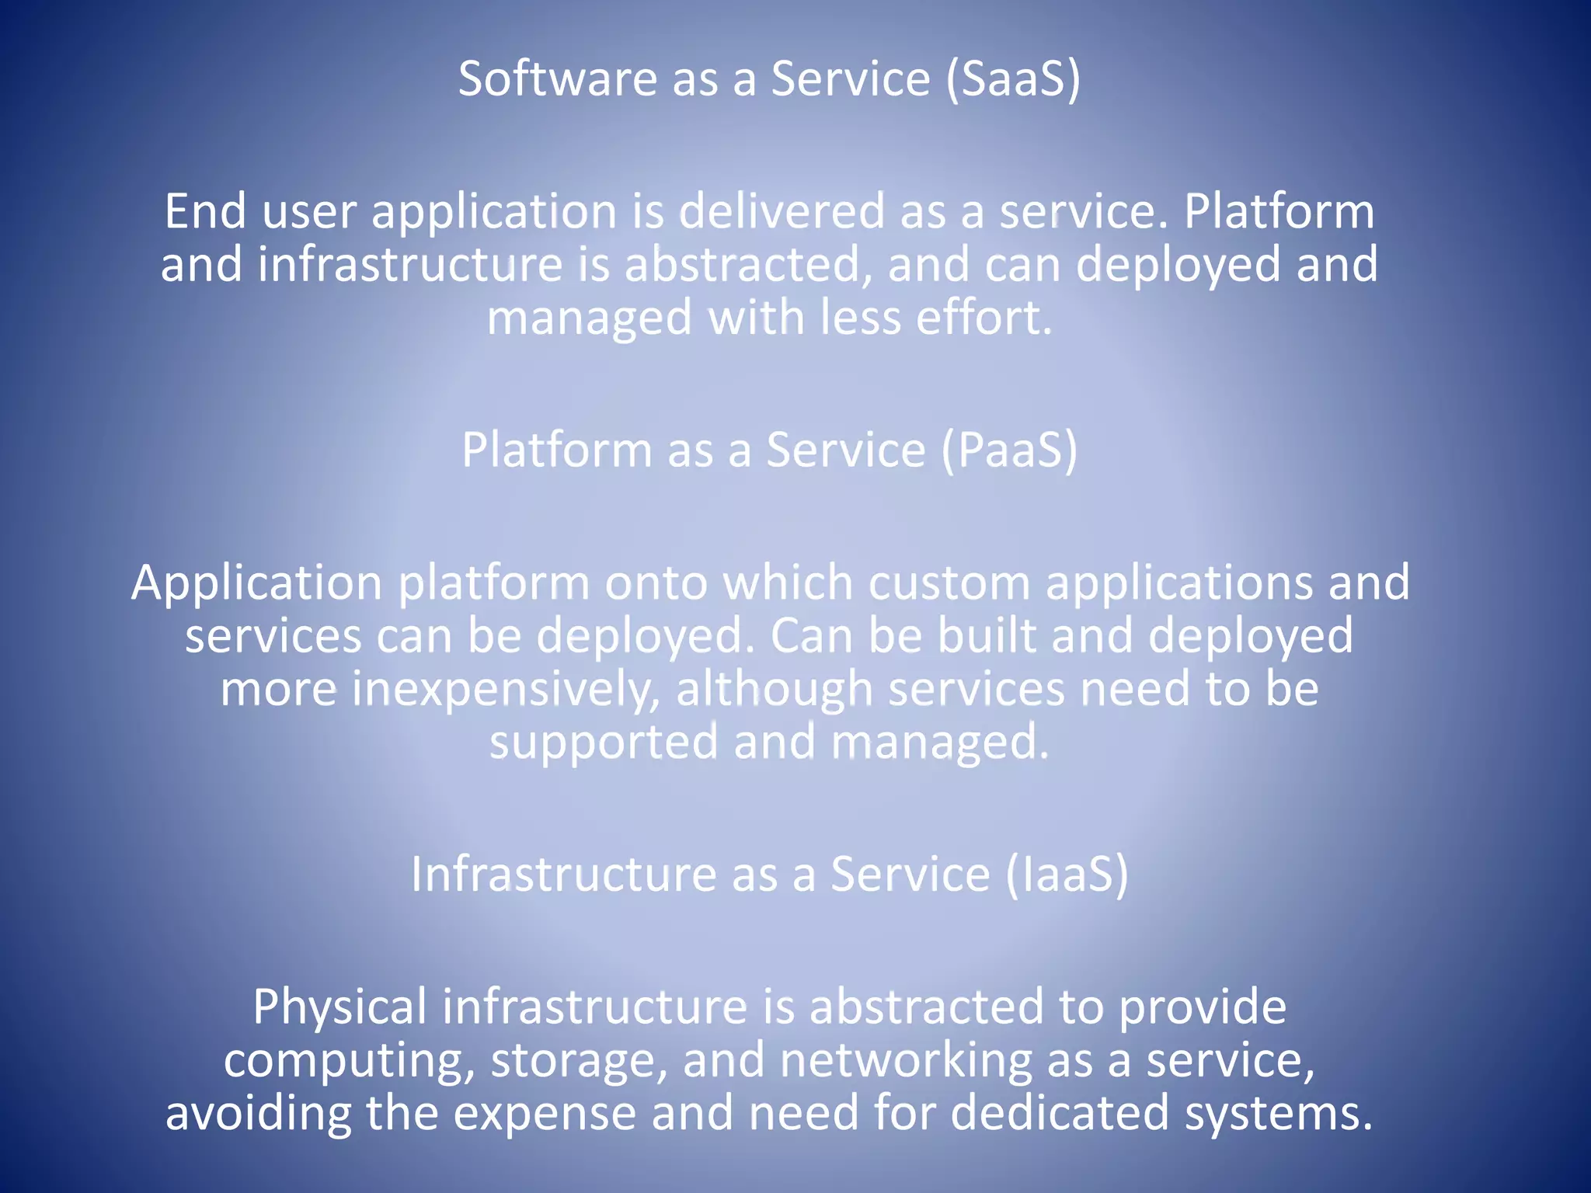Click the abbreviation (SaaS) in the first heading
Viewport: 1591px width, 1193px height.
coord(1013,79)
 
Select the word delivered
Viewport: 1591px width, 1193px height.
coord(782,211)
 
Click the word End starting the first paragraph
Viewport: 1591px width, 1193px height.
coord(206,211)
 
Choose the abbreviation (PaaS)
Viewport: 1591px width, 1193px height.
coord(1010,450)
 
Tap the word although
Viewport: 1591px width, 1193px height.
coord(775,690)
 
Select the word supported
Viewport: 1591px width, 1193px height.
coord(604,743)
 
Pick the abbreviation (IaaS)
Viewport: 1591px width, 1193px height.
coord(1066,875)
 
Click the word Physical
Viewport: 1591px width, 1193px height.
coord(339,1007)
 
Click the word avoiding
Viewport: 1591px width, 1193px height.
coord(258,1112)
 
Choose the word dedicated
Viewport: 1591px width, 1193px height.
coord(1060,1112)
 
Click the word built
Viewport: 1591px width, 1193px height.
coord(986,635)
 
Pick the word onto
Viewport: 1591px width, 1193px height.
coord(656,584)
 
